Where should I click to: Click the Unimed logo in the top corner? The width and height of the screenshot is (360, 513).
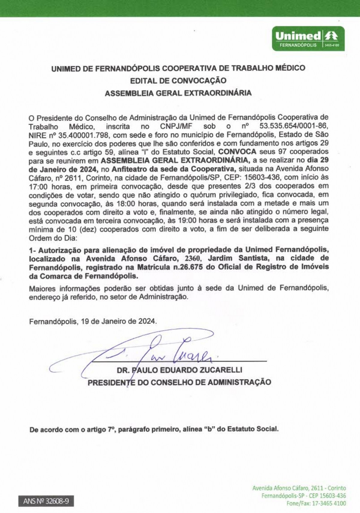(x=308, y=39)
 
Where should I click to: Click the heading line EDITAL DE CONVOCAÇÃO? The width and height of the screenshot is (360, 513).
(x=178, y=81)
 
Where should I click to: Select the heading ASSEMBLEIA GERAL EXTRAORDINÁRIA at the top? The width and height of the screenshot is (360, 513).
(x=178, y=93)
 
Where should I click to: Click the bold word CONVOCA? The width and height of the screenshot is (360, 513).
(x=237, y=152)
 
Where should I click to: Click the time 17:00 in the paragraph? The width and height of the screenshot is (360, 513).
(x=38, y=186)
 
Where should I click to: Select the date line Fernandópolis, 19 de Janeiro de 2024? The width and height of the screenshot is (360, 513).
(x=93, y=321)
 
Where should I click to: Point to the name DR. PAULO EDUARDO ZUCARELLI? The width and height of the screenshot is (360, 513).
(x=179, y=370)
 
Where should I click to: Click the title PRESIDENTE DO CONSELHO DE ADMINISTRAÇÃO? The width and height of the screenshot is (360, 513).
(x=179, y=382)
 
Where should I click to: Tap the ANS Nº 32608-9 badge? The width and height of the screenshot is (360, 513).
(x=46, y=501)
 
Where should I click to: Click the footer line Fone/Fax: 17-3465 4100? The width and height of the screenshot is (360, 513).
(x=316, y=503)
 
